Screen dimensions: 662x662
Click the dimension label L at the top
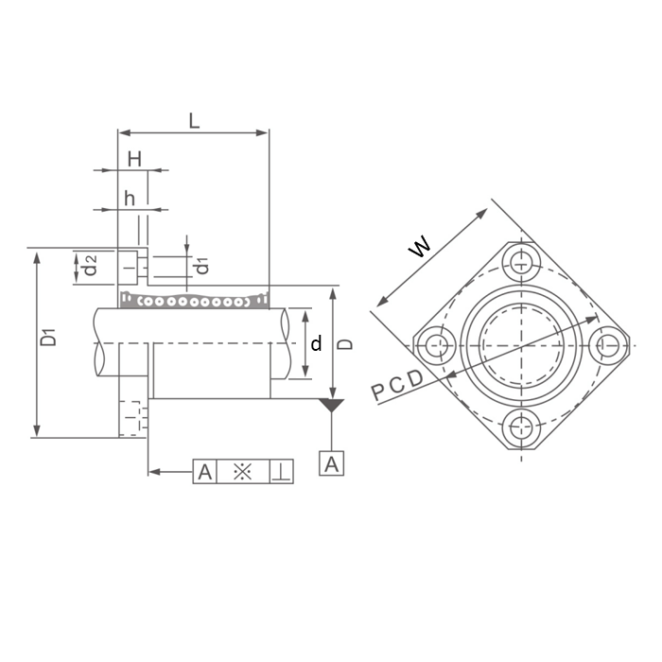point(194,121)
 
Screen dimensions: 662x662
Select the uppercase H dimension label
point(134,160)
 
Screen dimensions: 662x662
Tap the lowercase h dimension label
point(130,198)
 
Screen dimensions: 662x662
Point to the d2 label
point(91,265)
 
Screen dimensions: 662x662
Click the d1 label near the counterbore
point(203,264)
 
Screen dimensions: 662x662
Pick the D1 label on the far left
point(49,337)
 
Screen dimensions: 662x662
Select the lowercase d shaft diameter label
point(316,343)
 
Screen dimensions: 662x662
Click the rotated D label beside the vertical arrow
point(346,344)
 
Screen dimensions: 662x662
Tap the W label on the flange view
point(420,246)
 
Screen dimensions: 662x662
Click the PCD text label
point(397,386)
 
